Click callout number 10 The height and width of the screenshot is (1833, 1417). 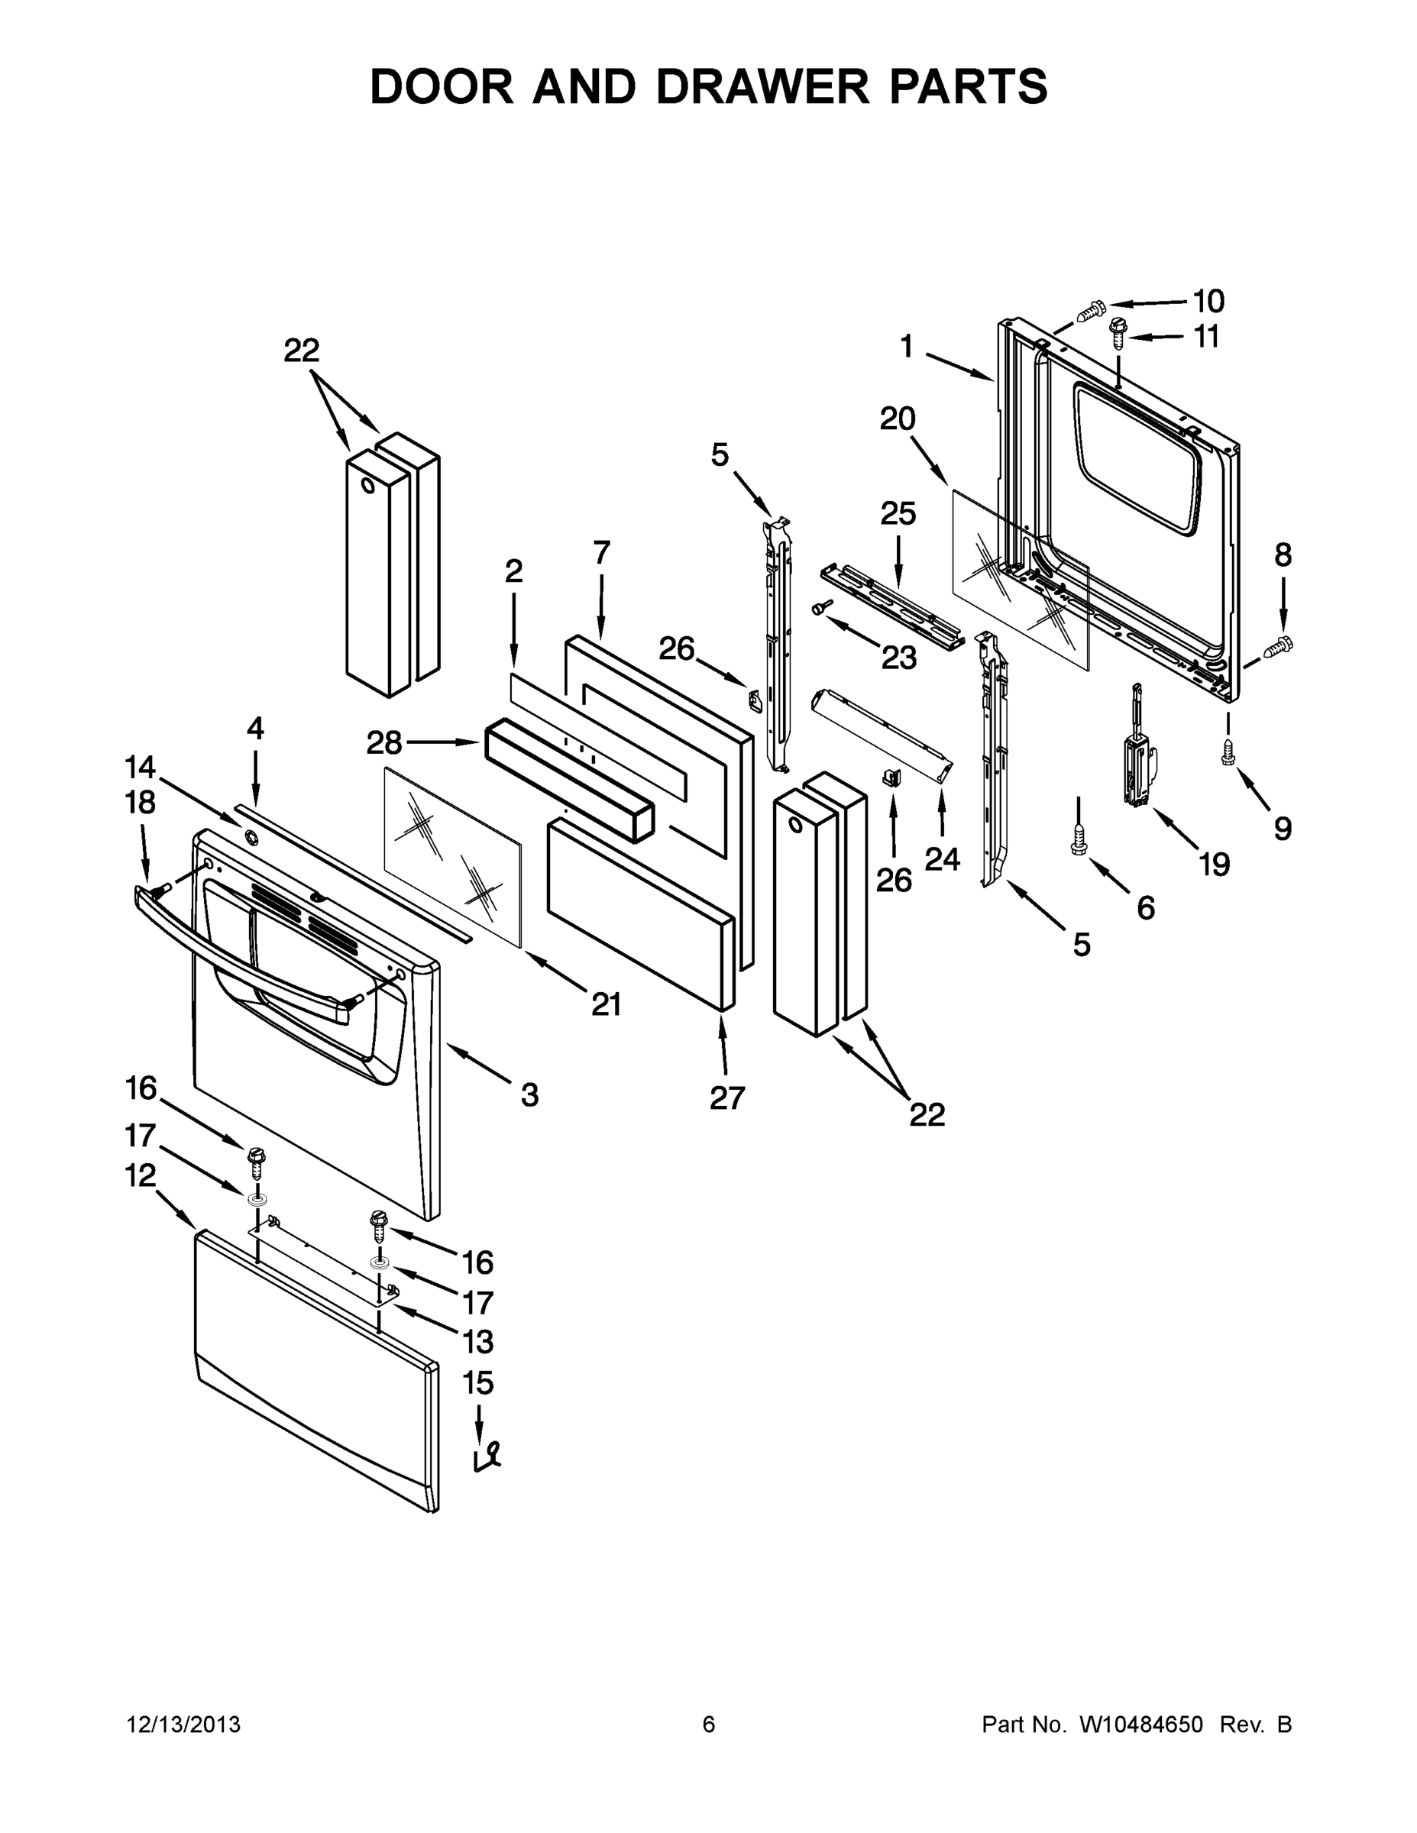point(1208,300)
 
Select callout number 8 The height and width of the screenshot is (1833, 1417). point(1283,554)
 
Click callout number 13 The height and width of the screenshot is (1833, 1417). point(477,1341)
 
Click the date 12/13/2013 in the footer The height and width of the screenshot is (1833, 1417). point(184,1725)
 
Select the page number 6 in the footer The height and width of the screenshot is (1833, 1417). point(709,1725)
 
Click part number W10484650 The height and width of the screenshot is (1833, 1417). point(1140,1725)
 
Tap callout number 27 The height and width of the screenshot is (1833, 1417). point(727,1098)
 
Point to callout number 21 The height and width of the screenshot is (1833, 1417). point(606,1004)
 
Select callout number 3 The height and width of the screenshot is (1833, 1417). point(529,1094)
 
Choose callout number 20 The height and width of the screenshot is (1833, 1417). point(898,418)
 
